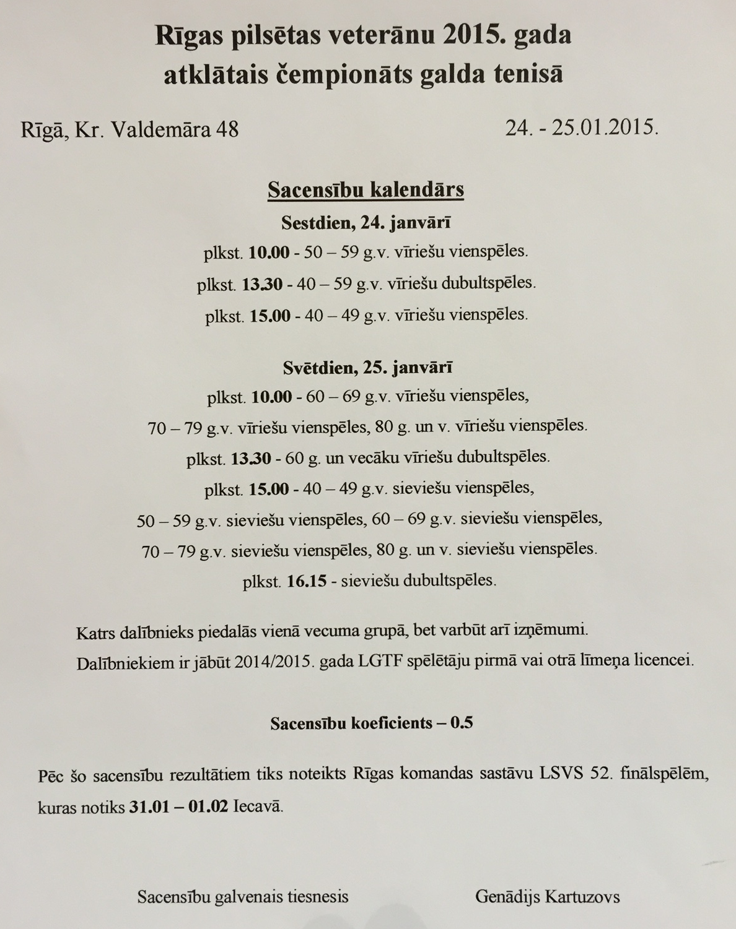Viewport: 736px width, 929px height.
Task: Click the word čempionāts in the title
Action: coord(335,74)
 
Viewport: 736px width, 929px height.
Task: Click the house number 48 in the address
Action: coord(226,130)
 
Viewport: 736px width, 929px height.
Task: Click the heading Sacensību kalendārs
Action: coord(366,189)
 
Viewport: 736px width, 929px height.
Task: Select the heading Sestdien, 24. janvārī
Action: coord(366,223)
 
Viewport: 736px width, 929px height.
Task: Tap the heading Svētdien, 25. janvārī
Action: coord(367,367)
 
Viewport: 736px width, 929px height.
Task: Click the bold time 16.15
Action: coord(307,581)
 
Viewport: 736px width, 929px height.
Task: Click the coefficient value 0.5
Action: coord(462,722)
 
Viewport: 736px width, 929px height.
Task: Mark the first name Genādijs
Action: coord(507,896)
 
